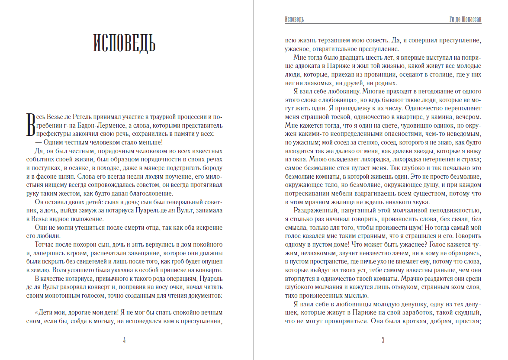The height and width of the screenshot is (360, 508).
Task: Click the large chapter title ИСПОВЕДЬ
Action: [124, 42]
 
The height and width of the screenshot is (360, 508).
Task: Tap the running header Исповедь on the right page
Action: [294, 19]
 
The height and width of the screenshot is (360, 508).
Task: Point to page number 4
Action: [124, 340]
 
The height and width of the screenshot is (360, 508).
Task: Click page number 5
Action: [383, 340]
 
